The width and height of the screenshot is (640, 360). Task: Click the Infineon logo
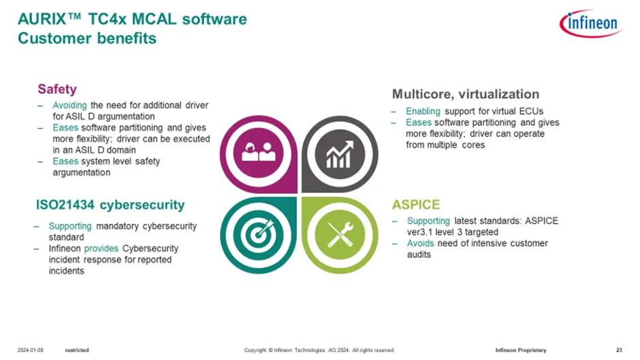click(x=590, y=23)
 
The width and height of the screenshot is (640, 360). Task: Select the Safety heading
click(x=57, y=89)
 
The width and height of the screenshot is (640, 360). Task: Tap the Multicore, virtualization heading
click(x=465, y=95)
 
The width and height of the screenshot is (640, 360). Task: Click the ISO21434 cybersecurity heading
click(x=110, y=204)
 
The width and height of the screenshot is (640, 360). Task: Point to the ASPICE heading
click(x=416, y=204)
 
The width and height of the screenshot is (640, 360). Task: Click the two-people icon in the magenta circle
click(x=258, y=152)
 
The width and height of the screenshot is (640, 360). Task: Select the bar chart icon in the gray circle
click(x=340, y=154)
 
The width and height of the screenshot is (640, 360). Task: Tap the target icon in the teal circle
click(x=257, y=234)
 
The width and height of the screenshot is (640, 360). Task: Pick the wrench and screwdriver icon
click(x=340, y=234)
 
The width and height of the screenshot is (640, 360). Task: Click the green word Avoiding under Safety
click(x=69, y=105)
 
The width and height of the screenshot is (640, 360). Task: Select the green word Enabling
click(x=423, y=111)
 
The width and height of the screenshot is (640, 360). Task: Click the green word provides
click(x=101, y=248)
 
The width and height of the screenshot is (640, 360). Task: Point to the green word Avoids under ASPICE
click(x=420, y=243)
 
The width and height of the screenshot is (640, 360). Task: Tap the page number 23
click(x=619, y=350)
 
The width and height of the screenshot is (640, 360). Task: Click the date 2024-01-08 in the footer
click(x=30, y=350)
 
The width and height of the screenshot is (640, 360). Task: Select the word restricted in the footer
click(x=77, y=350)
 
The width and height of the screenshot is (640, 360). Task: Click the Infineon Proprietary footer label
click(x=521, y=350)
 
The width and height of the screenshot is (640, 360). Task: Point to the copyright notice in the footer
click(x=319, y=350)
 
